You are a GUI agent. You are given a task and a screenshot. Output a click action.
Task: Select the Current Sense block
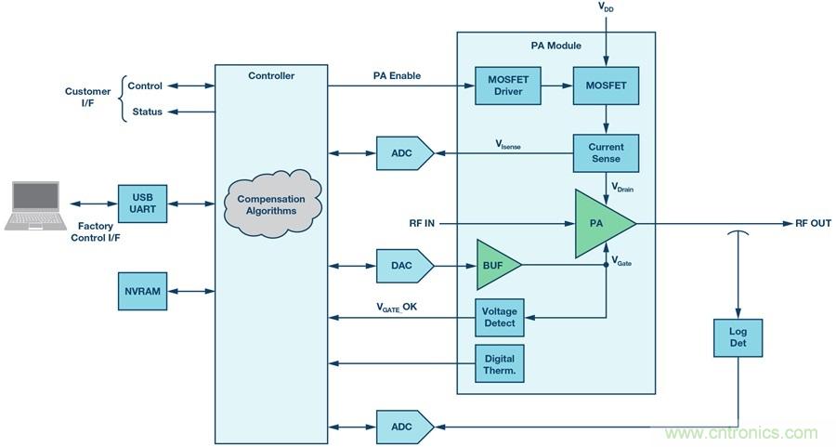click(x=606, y=153)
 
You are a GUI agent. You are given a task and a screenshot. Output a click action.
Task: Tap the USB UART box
click(x=141, y=203)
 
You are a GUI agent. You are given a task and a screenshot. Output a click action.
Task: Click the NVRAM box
click(x=141, y=291)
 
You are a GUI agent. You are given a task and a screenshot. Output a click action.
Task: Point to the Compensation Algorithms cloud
click(x=271, y=204)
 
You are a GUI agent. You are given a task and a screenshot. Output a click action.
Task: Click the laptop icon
click(x=35, y=204)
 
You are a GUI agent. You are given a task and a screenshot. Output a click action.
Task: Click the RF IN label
click(x=422, y=223)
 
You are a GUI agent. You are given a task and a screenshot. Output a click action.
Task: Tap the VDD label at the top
click(x=606, y=7)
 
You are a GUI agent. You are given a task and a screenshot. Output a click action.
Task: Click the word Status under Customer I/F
click(x=147, y=112)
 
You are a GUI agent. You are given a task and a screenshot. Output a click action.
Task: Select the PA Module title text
click(x=555, y=45)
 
